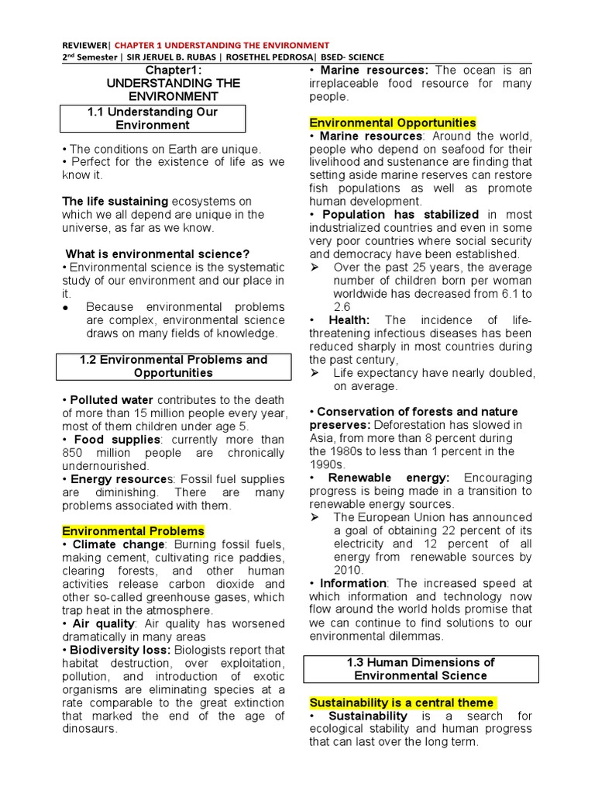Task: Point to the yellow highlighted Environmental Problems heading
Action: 133,531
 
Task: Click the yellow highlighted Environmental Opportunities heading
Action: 393,123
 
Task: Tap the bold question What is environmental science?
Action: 157,254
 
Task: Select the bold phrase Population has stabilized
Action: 401,214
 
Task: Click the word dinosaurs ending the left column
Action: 91,729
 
